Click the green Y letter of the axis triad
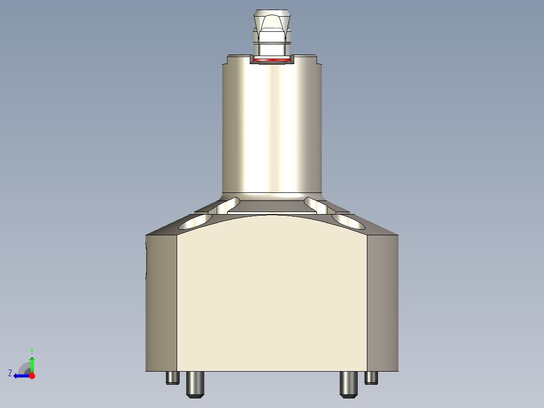pos(31,350)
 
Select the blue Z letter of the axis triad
pos(10,373)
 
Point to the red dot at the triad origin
pos(32,376)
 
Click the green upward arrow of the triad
pos(32,364)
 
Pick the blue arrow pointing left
pos(20,376)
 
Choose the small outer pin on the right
pos(371,377)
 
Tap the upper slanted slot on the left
pos(229,204)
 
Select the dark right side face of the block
pos(383,303)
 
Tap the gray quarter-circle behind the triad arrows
pos(24,368)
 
